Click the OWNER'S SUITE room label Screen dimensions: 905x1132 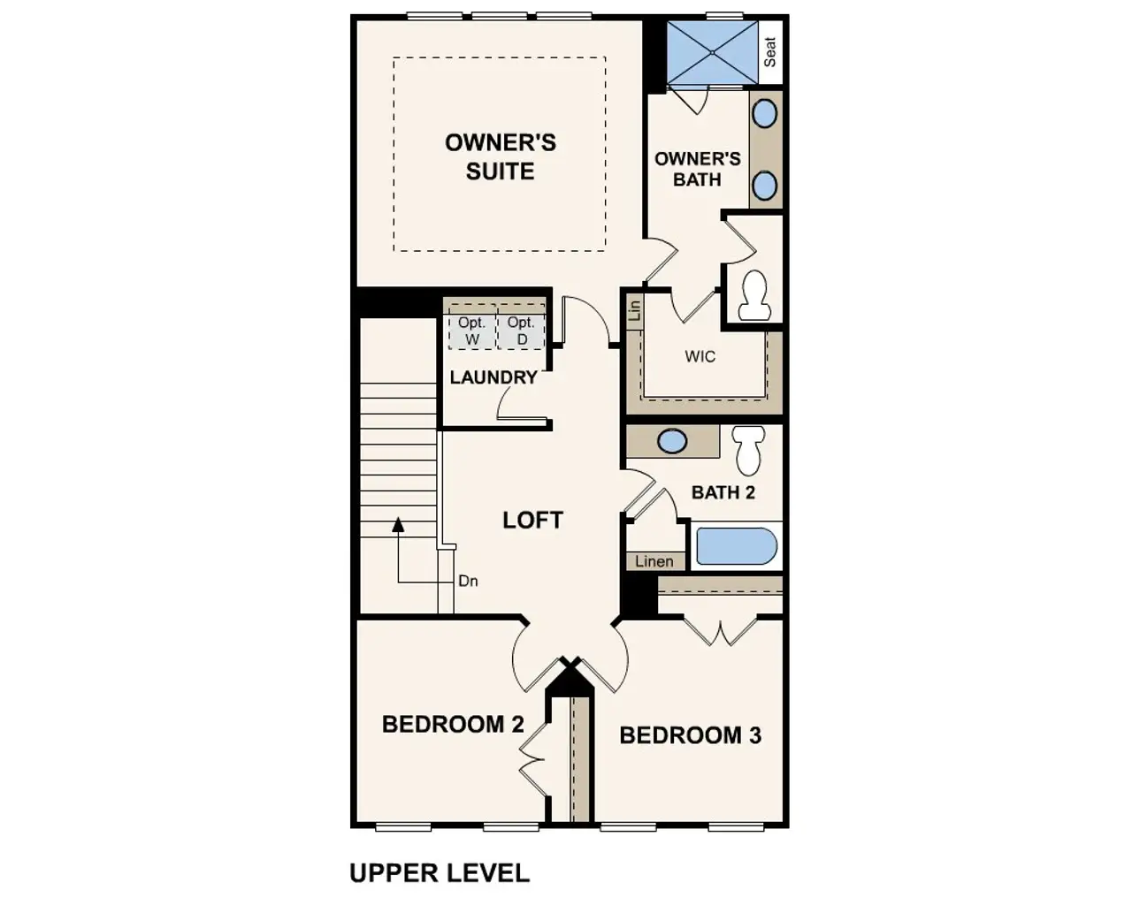pos(500,156)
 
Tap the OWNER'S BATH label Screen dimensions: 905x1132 pos(697,169)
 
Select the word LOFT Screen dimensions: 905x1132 pos(532,520)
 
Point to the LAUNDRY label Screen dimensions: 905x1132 pos(493,377)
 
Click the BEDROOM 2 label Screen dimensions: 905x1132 pos(453,725)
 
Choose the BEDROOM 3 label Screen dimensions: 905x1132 pos(690,735)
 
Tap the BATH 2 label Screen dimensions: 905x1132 pos(723,492)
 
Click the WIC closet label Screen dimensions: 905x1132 pos(700,357)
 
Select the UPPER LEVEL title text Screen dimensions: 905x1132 pos(440,873)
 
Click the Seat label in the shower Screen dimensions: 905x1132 pos(770,52)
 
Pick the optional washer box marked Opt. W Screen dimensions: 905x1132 pos(471,331)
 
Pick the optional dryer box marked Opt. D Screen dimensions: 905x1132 pos(521,331)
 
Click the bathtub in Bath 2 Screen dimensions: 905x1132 pos(736,546)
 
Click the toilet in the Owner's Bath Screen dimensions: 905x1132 pos(754,296)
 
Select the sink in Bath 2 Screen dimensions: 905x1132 pos(672,441)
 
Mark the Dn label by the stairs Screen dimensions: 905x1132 pos(468,581)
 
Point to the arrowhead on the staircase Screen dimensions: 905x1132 pos(398,524)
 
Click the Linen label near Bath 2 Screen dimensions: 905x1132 pos(654,561)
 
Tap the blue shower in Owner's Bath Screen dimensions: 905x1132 pos(712,53)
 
